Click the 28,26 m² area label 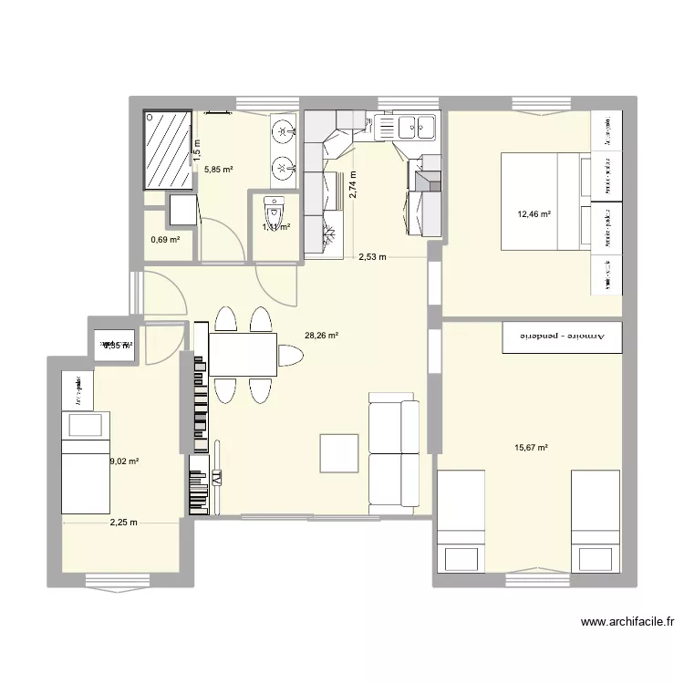click(x=321, y=336)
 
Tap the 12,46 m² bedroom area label click(x=534, y=215)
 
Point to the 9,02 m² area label click(x=124, y=461)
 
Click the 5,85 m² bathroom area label click(x=218, y=170)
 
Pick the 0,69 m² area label click(x=165, y=241)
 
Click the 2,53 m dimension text click(x=370, y=257)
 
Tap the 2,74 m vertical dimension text click(x=353, y=185)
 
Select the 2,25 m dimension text click(x=123, y=523)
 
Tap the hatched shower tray click(x=167, y=150)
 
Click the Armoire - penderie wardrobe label click(x=561, y=337)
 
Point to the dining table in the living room click(x=244, y=355)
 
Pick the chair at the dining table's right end click(x=291, y=355)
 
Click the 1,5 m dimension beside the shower click(x=195, y=150)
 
